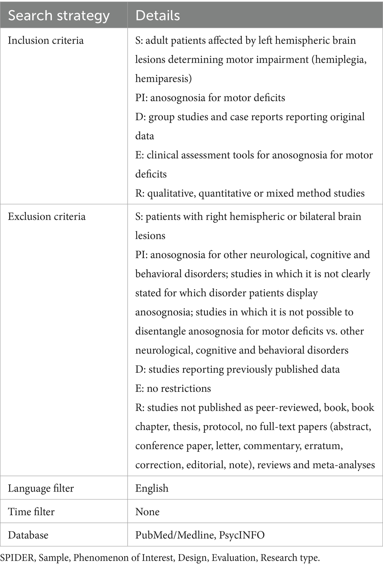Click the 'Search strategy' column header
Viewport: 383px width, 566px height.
(59, 16)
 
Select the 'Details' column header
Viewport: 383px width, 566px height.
(158, 16)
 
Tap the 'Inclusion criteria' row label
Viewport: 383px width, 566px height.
(46, 40)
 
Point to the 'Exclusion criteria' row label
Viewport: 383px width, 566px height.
(47, 217)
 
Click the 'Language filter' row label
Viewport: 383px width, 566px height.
(41, 488)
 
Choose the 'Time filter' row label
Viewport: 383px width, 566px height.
(31, 512)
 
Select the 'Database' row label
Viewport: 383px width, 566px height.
(28, 535)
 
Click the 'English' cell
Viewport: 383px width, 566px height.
(152, 488)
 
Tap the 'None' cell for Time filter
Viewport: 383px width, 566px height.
(147, 512)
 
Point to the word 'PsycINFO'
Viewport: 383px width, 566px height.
(242, 535)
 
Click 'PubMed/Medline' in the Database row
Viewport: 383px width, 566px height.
(175, 535)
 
